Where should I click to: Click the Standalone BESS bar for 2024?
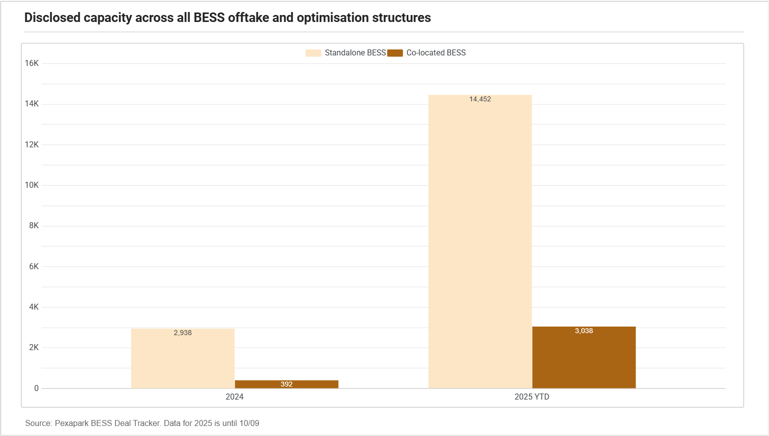point(183,359)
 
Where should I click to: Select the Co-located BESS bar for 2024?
point(287,384)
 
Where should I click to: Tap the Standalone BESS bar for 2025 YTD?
point(480,242)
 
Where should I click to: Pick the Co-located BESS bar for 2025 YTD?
point(584,358)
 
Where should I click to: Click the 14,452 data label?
point(480,99)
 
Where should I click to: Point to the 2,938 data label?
point(183,333)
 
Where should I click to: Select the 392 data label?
point(287,384)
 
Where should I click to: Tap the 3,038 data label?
point(584,331)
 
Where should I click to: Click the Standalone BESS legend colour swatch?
point(313,53)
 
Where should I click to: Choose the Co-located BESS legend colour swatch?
point(395,53)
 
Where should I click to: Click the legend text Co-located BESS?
point(436,53)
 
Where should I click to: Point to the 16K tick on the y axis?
point(31,63)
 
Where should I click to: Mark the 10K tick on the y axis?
point(31,185)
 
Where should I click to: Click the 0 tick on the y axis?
point(36,389)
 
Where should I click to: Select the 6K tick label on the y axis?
point(34,267)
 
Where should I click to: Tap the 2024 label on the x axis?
point(234,397)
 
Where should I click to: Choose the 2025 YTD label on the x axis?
point(532,397)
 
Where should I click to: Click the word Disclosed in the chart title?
point(52,17)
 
